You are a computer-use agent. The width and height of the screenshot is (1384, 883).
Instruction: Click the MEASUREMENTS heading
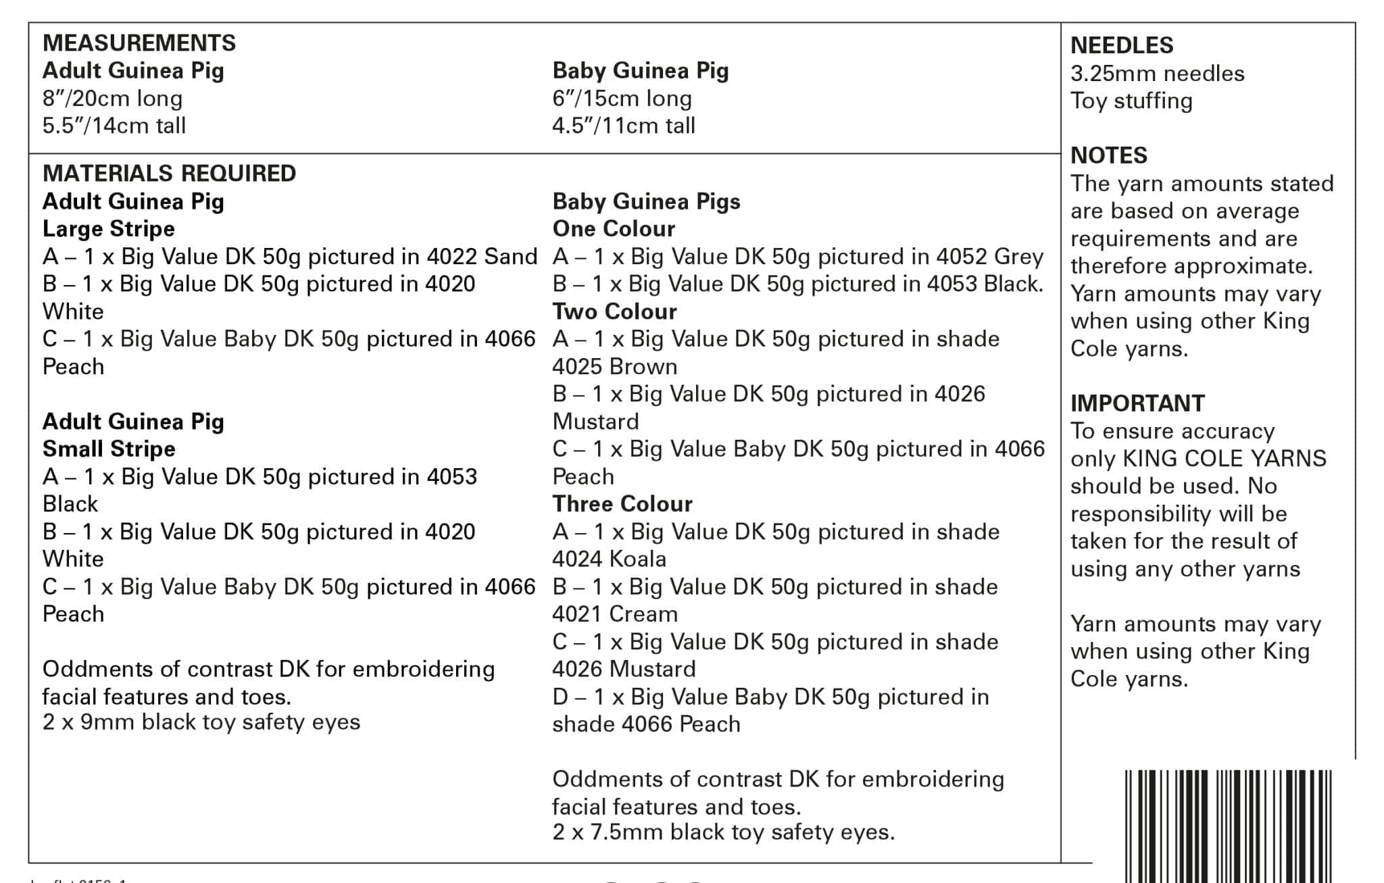[139, 43]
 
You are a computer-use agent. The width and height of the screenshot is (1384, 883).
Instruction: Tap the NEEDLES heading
[1122, 45]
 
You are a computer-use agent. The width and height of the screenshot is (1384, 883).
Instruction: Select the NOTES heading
[1109, 155]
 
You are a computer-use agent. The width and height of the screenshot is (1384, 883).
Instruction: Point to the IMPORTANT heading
[1137, 403]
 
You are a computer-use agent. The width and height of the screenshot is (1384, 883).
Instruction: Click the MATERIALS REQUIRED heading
[169, 173]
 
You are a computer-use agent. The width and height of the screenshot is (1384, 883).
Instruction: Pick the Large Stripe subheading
[109, 229]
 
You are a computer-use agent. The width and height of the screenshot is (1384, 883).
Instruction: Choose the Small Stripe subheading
[109, 449]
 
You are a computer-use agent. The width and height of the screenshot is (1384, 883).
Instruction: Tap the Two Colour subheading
[614, 311]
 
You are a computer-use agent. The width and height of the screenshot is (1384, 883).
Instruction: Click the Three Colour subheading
[622, 504]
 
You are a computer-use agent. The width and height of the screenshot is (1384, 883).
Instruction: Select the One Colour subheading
[614, 229]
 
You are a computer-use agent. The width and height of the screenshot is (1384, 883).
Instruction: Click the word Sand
[511, 257]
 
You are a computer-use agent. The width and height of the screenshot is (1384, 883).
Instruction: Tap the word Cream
[643, 614]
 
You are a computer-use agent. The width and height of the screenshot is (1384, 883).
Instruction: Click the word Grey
[1018, 257]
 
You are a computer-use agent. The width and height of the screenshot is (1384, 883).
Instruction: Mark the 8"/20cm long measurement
[112, 99]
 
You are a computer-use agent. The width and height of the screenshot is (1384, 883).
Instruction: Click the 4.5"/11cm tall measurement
[623, 126]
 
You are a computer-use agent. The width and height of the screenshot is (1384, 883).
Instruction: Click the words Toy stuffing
[1131, 101]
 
